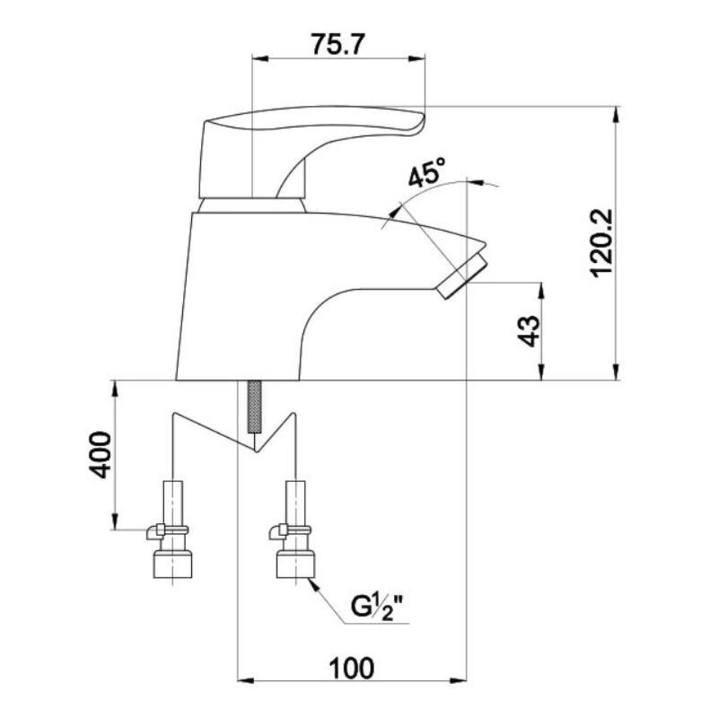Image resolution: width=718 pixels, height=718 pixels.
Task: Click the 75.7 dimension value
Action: (x=338, y=45)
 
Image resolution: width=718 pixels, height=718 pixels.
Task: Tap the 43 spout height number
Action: (x=530, y=331)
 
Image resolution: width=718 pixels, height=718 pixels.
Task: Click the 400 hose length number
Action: (x=99, y=455)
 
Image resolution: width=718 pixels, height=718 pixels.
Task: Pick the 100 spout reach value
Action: (x=351, y=668)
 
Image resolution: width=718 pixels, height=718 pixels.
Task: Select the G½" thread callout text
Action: (x=379, y=606)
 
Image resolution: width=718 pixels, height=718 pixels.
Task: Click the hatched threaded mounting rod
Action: (x=255, y=406)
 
